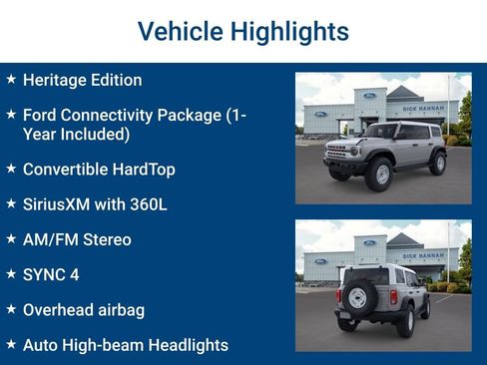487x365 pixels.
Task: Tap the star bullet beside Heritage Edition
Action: pos(11,79)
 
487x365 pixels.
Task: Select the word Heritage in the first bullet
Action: pos(56,80)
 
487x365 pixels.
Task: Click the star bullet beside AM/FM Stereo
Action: pos(11,239)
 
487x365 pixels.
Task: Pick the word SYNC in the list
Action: pos(45,274)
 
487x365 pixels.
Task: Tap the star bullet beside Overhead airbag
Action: pos(11,309)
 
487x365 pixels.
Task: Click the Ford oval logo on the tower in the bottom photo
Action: pos(369,242)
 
